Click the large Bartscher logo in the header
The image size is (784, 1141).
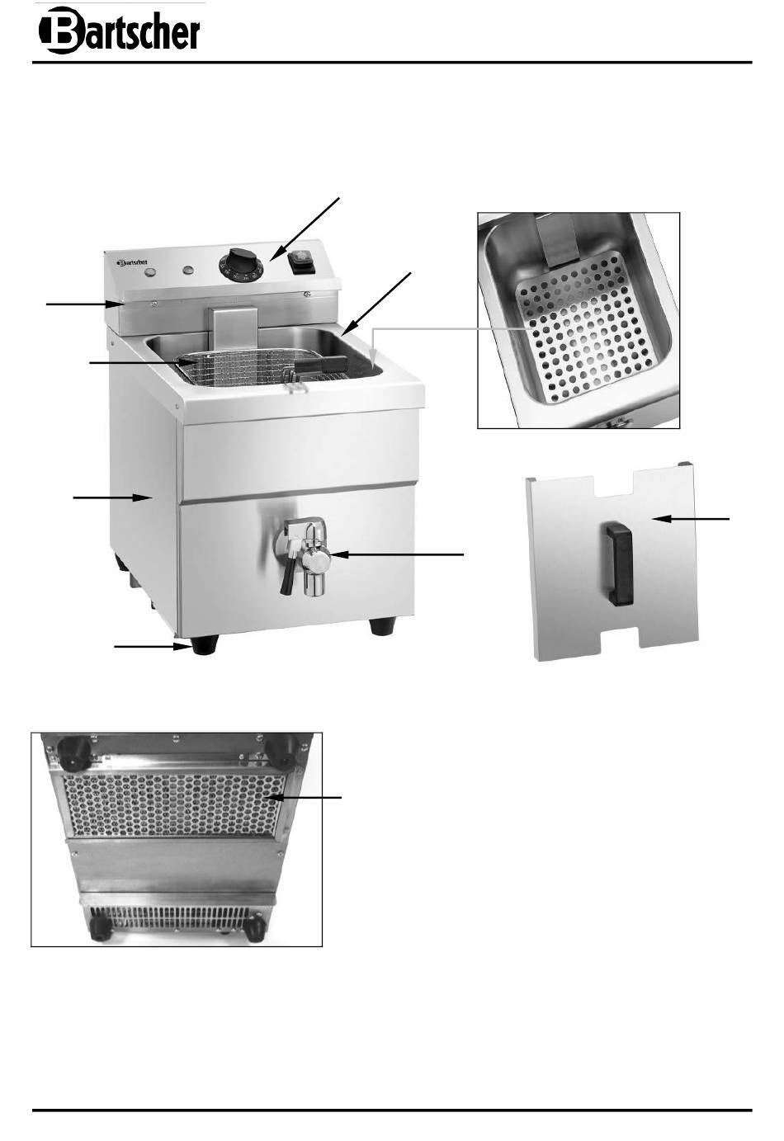click(119, 30)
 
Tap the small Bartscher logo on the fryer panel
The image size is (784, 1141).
click(132, 263)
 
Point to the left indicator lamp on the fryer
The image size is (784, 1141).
click(151, 272)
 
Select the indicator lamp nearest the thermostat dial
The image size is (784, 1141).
click(189, 270)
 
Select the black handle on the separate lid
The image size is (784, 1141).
click(620, 565)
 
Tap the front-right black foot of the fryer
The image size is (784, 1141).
click(383, 626)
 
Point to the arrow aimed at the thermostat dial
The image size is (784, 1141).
click(305, 229)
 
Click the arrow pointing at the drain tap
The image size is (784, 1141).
click(396, 554)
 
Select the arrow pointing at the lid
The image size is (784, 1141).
click(692, 519)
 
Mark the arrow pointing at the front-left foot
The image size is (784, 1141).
click(152, 646)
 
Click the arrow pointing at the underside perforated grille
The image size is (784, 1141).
click(305, 798)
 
